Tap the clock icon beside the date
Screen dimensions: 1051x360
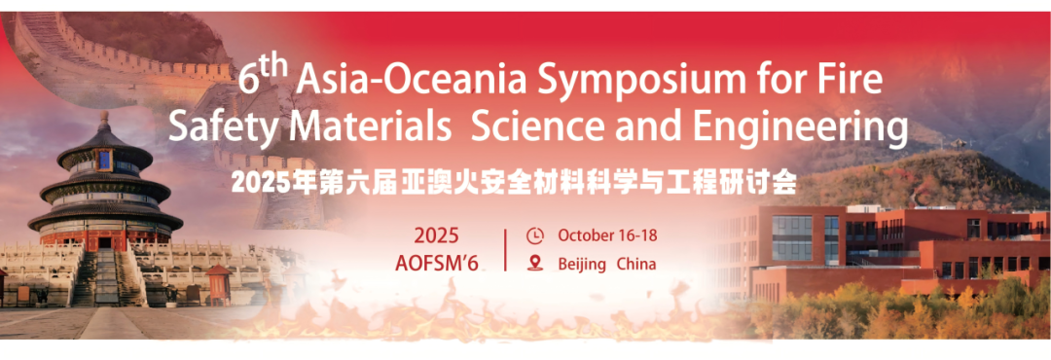(x=535, y=236)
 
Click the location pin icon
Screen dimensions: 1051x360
(x=535, y=263)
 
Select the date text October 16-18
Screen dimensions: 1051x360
(x=607, y=235)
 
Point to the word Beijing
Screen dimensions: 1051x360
(x=581, y=264)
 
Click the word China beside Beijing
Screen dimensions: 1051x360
(x=636, y=264)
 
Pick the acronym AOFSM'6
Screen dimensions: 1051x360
(x=436, y=264)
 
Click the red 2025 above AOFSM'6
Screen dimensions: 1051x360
(x=436, y=236)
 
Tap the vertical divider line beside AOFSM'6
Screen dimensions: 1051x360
(x=505, y=249)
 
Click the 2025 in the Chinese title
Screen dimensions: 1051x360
(x=255, y=182)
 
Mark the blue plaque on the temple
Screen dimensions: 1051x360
(x=104, y=161)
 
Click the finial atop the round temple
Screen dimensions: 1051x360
(x=104, y=121)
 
